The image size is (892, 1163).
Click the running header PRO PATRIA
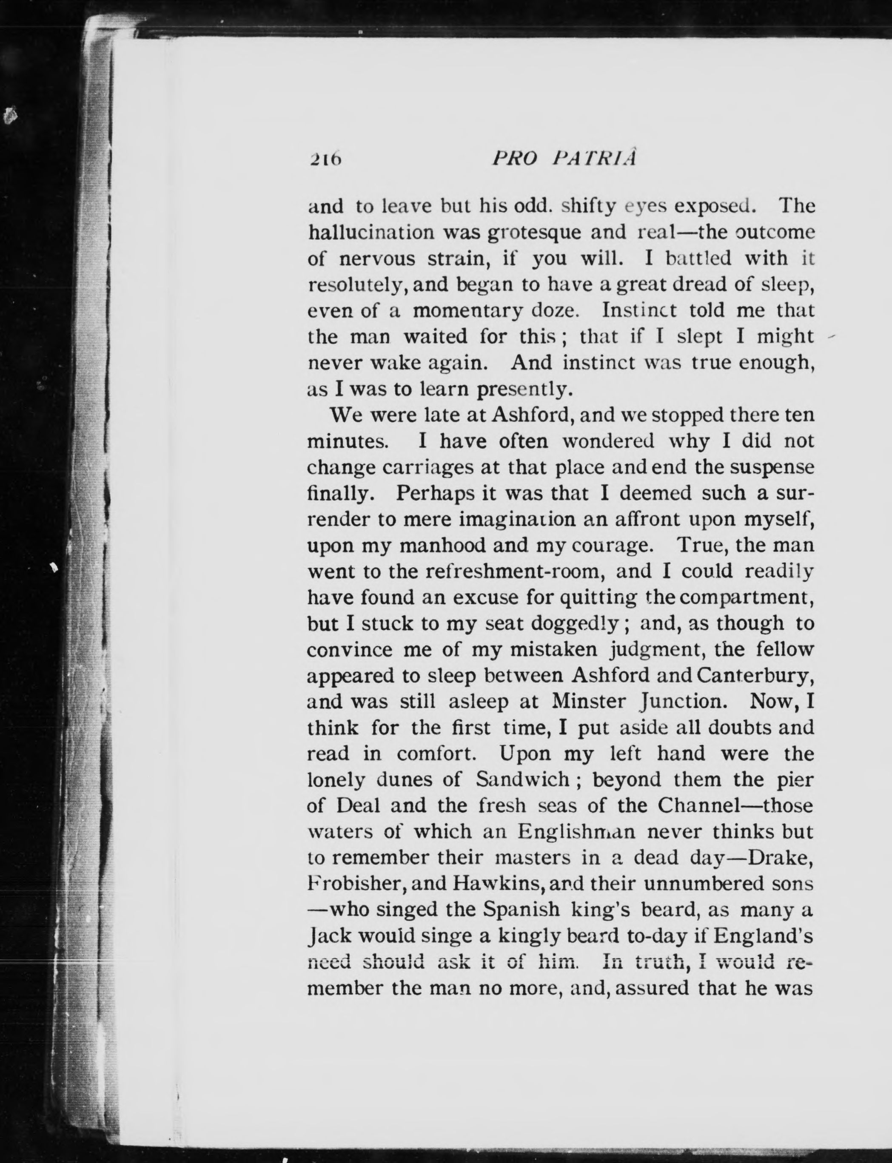point(564,158)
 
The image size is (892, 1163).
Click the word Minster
point(586,701)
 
